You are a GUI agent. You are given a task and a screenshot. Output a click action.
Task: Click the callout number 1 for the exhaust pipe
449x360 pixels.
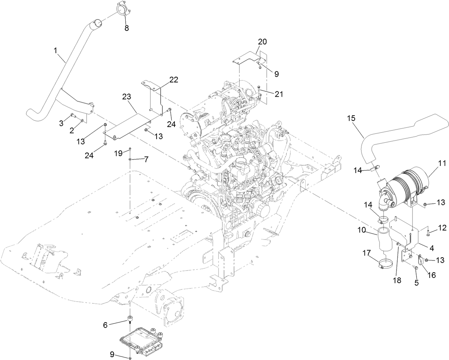click(x=55, y=51)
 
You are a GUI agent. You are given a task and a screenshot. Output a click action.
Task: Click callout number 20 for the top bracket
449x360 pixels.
click(x=262, y=42)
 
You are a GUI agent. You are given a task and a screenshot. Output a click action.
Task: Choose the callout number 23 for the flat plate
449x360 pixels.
click(x=127, y=97)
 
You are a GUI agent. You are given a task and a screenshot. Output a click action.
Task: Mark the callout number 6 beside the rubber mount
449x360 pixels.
click(x=105, y=325)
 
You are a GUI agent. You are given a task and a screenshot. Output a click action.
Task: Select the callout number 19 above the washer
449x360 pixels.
click(x=118, y=153)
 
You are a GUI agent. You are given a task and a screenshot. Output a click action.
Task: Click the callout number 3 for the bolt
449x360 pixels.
click(x=61, y=123)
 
